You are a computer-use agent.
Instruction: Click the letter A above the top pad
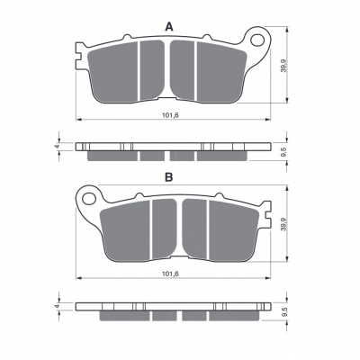pyautogui.click(x=169, y=27)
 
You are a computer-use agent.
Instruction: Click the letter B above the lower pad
pyautogui.click(x=169, y=177)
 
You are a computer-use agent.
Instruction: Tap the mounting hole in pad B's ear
pyautogui.click(x=88, y=198)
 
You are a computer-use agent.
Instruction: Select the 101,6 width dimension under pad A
pyautogui.click(x=170, y=115)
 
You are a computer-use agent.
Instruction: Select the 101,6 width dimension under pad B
pyautogui.click(x=170, y=274)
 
